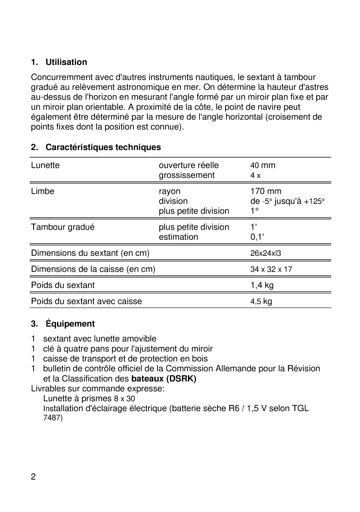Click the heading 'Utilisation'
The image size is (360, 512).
(66, 62)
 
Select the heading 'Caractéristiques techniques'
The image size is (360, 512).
(103, 147)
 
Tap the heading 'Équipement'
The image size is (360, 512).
(70, 324)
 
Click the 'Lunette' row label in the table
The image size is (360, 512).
(45, 166)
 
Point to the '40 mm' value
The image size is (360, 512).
(263, 166)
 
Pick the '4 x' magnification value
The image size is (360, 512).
(256, 175)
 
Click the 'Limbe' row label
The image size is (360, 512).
(42, 191)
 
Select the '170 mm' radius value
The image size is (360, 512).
(266, 191)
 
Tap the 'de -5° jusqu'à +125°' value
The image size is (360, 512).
(287, 201)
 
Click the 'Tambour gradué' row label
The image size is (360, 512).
(63, 227)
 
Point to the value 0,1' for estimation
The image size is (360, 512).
(257, 237)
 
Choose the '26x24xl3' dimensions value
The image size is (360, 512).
(266, 254)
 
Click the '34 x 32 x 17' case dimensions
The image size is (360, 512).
(272, 269)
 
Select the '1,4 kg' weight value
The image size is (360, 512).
(262, 285)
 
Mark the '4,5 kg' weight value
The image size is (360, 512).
(261, 302)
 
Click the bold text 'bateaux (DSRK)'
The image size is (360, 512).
(164, 379)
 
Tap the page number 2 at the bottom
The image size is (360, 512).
(34, 477)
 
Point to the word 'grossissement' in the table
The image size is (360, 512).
(187, 175)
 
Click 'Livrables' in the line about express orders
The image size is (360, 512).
(47, 389)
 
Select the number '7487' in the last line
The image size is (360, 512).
(53, 418)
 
